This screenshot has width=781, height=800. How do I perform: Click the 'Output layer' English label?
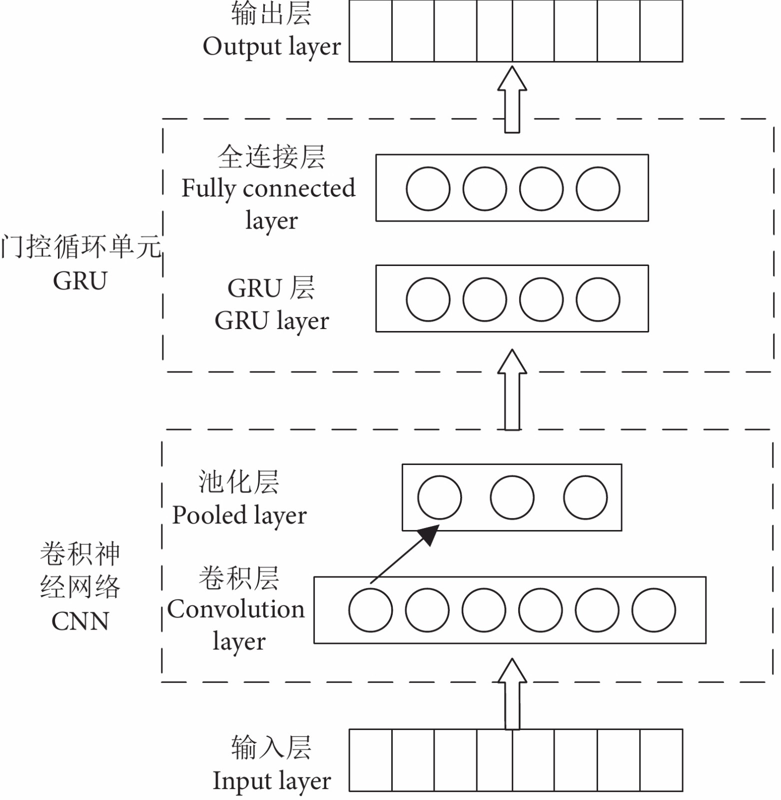(272, 47)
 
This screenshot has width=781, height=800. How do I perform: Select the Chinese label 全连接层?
(272, 157)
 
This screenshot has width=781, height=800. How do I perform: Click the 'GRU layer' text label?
(272, 321)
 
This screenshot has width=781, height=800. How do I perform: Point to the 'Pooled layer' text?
(239, 515)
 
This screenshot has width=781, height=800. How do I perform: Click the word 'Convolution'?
(236, 609)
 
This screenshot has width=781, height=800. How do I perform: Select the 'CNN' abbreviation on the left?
(80, 621)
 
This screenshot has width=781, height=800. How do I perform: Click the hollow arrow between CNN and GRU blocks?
(512, 390)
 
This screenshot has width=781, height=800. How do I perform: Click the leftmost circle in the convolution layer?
(371, 610)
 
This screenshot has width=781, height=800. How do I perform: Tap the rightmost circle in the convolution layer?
(654, 610)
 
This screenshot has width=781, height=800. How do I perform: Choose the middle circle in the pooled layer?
(512, 497)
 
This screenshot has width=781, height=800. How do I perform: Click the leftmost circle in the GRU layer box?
(428, 299)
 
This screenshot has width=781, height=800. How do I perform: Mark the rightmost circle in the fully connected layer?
(598, 189)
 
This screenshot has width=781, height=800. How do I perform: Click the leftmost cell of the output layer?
(371, 31)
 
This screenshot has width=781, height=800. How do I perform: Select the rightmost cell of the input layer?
(661, 760)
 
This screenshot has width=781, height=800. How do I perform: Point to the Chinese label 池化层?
(239, 482)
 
